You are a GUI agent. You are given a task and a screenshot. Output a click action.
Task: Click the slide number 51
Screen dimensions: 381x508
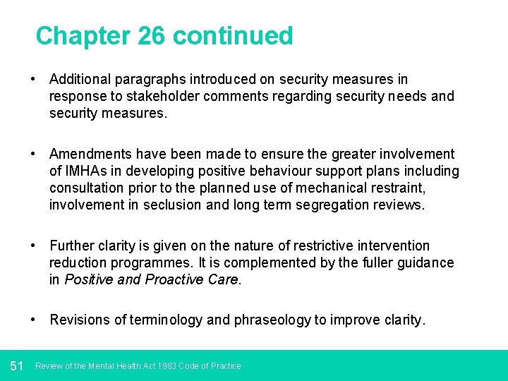click(17, 365)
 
